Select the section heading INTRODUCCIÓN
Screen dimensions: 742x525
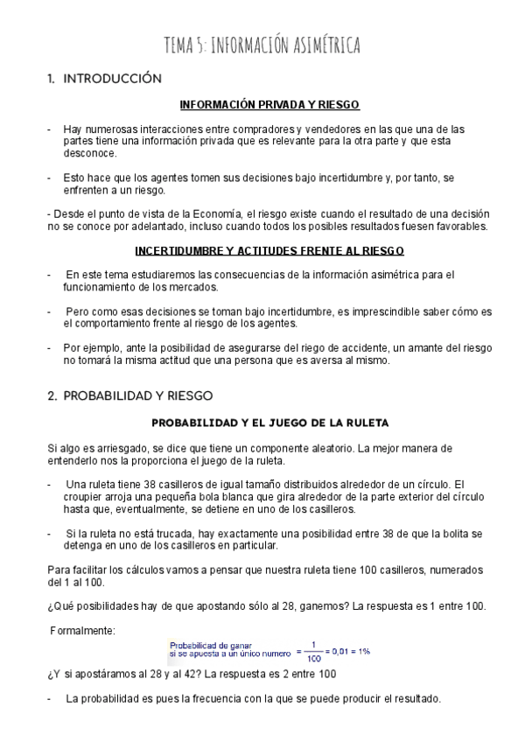click(113, 79)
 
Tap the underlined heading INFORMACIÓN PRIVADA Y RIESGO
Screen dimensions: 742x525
click(269, 105)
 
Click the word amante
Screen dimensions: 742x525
click(409, 348)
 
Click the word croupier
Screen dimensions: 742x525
click(87, 496)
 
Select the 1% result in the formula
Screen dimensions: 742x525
click(361, 652)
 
